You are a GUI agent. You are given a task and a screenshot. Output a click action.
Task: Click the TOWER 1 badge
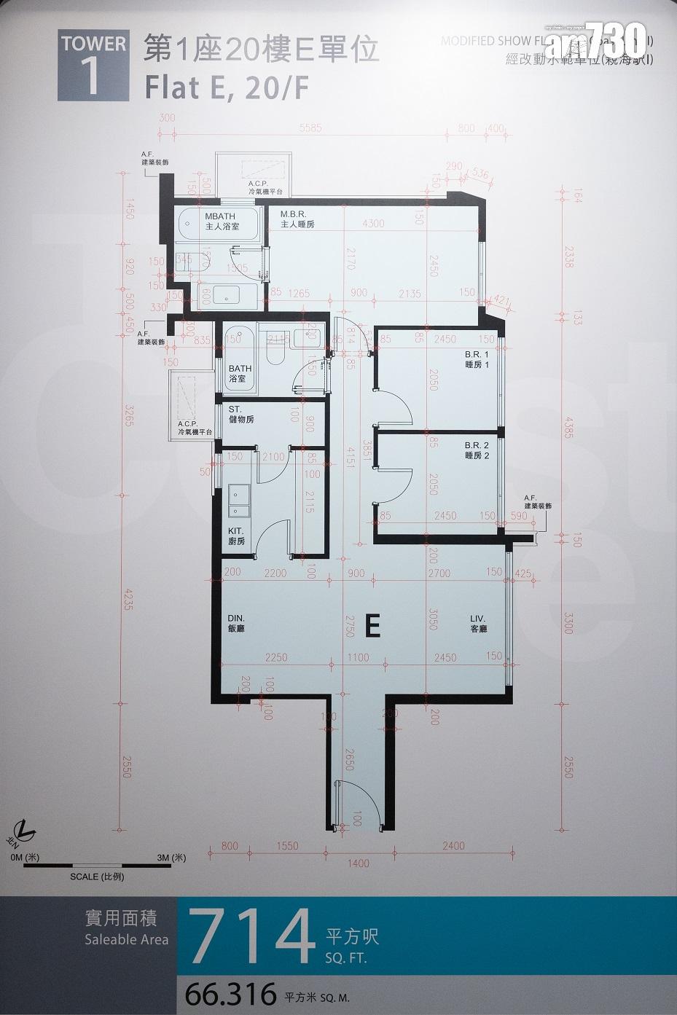pyautogui.click(x=93, y=65)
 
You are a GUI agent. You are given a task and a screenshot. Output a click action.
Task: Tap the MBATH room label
pyautogui.click(x=222, y=222)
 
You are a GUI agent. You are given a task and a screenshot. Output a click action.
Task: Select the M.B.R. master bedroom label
pyautogui.click(x=297, y=220)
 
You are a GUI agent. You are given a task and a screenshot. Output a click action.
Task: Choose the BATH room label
pyautogui.click(x=240, y=374)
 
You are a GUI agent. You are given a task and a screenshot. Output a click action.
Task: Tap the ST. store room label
pyautogui.click(x=240, y=415)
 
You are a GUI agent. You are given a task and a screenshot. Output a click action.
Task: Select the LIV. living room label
pyautogui.click(x=478, y=623)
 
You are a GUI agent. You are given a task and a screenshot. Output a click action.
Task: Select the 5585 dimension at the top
pyautogui.click(x=310, y=129)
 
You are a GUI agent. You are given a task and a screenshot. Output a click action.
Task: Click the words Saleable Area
pyautogui.click(x=126, y=939)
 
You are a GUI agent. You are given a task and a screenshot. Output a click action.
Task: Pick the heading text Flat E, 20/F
pyautogui.click(x=227, y=88)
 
